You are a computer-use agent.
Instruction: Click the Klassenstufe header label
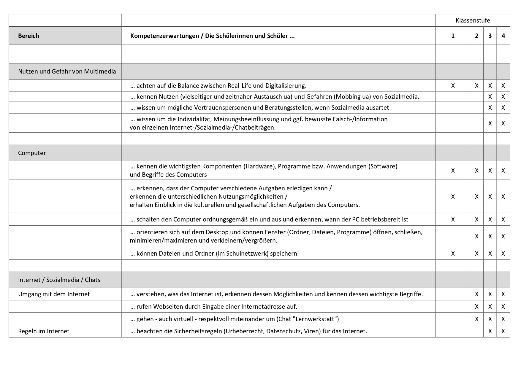473,20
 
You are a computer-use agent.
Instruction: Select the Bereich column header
28,36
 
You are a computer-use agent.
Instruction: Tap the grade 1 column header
453,36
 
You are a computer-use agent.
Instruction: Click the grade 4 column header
503,36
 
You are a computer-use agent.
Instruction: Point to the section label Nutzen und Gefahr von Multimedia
67,71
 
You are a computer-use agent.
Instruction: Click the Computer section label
32,153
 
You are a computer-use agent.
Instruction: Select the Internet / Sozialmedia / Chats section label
59,280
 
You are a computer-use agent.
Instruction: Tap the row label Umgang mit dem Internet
54,294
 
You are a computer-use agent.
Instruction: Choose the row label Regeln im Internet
44,331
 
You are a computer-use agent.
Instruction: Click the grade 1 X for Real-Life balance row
453,86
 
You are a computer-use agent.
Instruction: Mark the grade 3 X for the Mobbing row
490,97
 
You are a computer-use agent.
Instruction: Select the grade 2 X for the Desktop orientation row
476,236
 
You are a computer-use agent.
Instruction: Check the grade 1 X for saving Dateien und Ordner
453,254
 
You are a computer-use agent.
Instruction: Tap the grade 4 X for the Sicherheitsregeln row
503,331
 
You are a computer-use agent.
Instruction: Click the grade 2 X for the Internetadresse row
476,307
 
